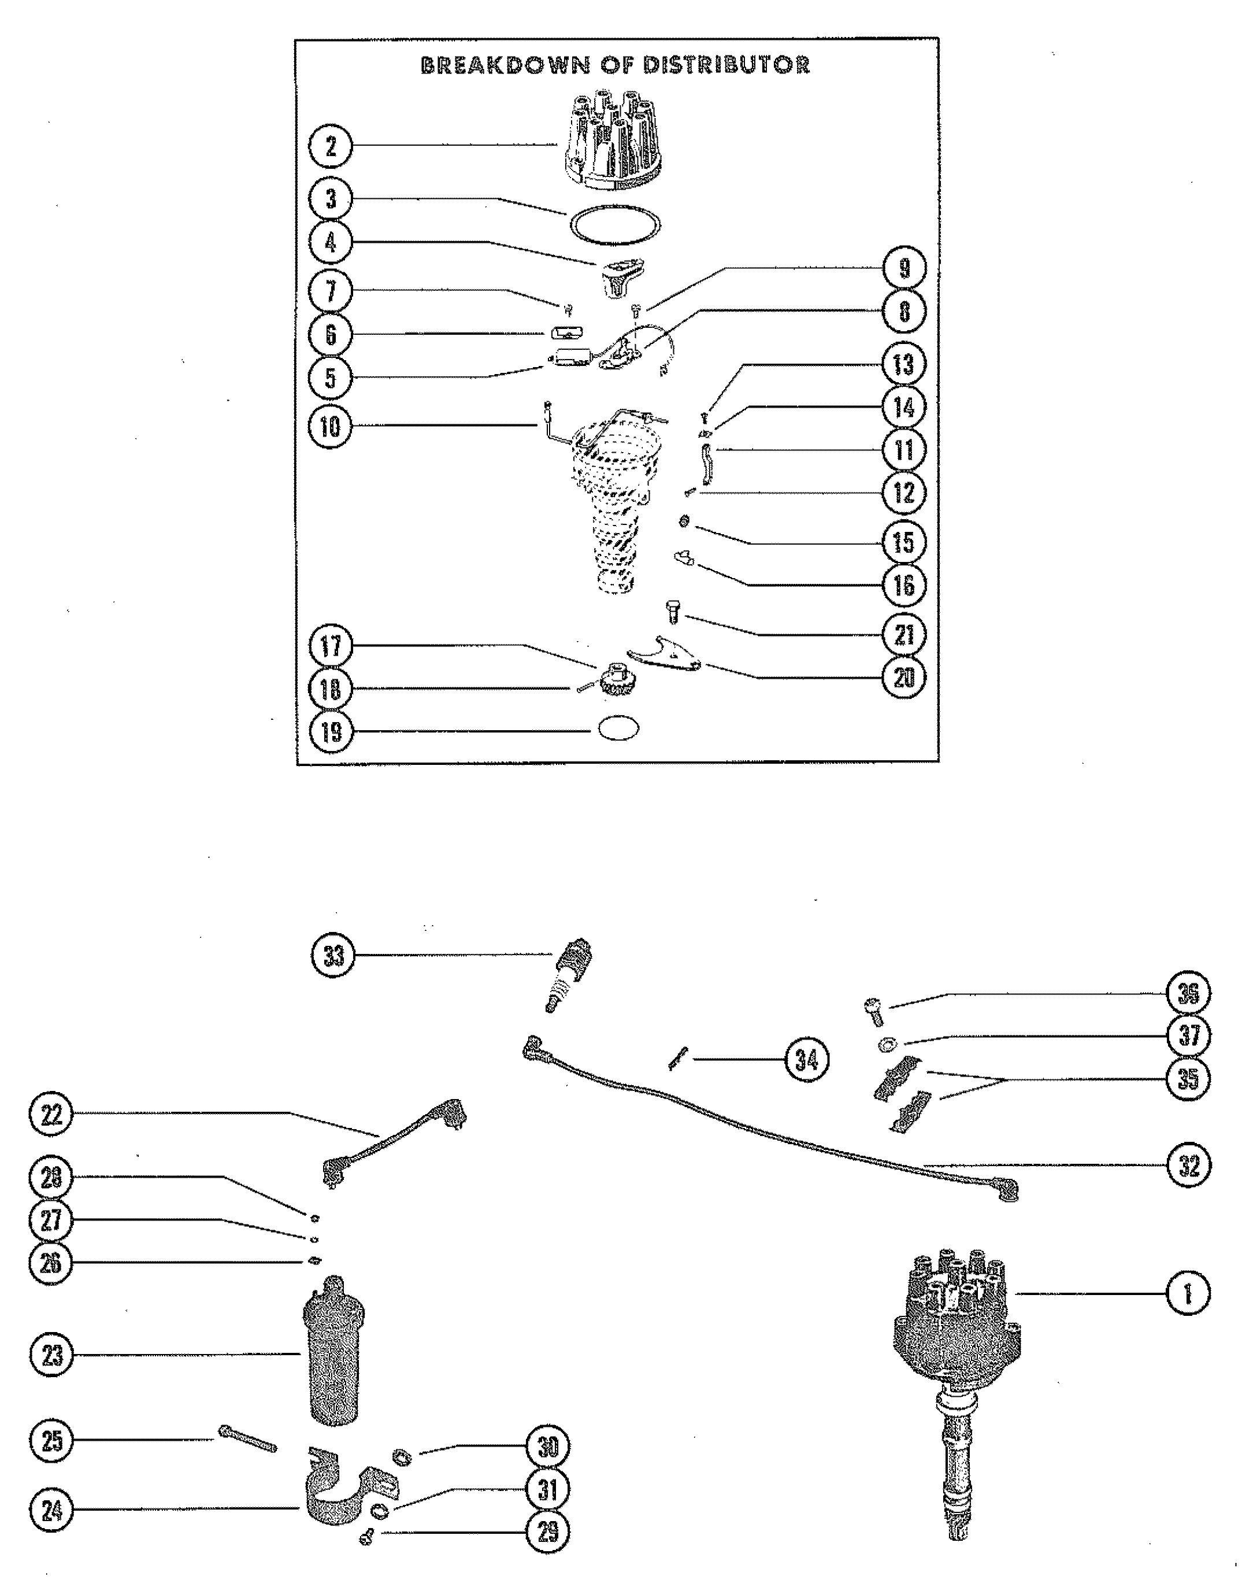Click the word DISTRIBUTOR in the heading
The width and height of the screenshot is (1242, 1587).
coord(726,65)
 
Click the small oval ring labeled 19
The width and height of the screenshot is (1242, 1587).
coord(618,729)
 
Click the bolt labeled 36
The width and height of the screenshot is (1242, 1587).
coord(873,1012)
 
